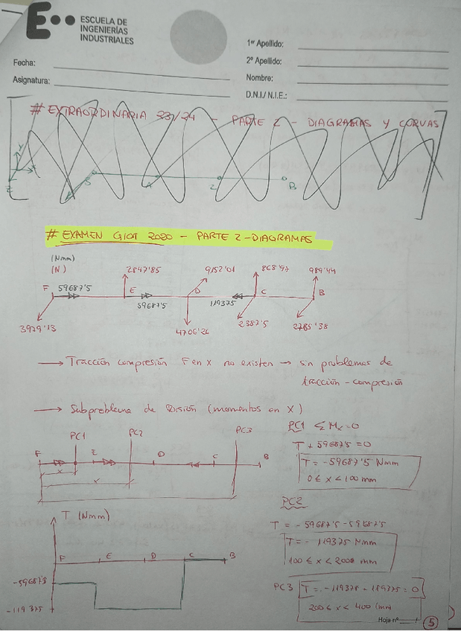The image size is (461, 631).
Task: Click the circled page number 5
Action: [432, 621]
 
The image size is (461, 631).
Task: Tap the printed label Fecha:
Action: [24, 63]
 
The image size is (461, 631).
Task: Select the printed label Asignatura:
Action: [31, 80]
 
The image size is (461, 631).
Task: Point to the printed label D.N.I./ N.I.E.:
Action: [267, 95]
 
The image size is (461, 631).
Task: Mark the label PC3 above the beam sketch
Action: [244, 430]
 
